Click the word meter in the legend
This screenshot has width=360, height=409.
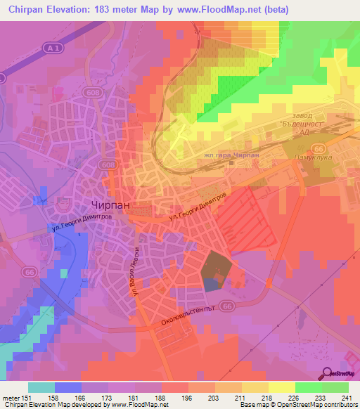[x=13, y=398]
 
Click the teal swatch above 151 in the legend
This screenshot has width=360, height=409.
[x=41, y=387]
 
